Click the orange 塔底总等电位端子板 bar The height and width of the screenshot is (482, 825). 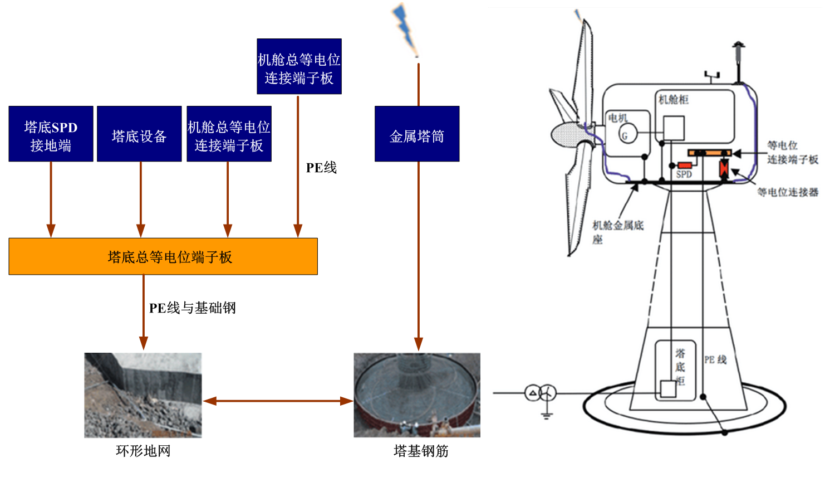click(163, 257)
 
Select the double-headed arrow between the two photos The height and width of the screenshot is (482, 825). click(278, 401)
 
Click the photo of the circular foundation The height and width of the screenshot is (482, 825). click(417, 395)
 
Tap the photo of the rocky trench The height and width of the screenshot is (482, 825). click(143, 395)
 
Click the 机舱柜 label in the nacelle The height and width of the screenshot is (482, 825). click(674, 100)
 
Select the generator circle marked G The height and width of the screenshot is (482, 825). click(627, 135)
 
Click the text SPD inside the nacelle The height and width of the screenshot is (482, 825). click(684, 174)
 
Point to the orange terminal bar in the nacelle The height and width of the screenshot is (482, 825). click(709, 153)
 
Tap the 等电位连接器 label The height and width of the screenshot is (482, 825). click(788, 192)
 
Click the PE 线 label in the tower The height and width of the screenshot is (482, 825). click(715, 360)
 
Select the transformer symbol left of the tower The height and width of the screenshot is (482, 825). click(541, 393)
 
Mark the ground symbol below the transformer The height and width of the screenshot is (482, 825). click(547, 415)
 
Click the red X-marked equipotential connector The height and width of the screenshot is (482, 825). click(724, 168)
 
